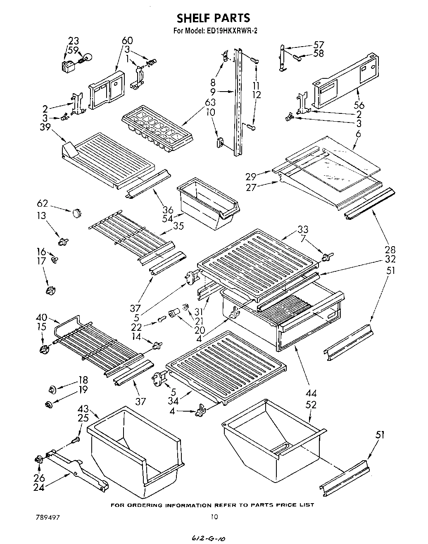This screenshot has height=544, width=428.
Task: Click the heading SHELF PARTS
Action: pos(214,19)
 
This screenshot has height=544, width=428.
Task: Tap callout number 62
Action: pos(43,204)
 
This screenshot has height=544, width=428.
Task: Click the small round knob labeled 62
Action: pos(76,213)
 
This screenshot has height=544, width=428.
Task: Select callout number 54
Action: pos(168,218)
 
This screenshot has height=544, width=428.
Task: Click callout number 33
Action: pos(303,229)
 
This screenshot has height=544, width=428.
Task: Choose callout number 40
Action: pos(42,318)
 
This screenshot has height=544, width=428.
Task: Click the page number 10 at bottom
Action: pos(214,516)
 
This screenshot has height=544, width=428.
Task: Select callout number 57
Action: pos(319,45)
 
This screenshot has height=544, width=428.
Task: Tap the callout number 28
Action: pos(390,250)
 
